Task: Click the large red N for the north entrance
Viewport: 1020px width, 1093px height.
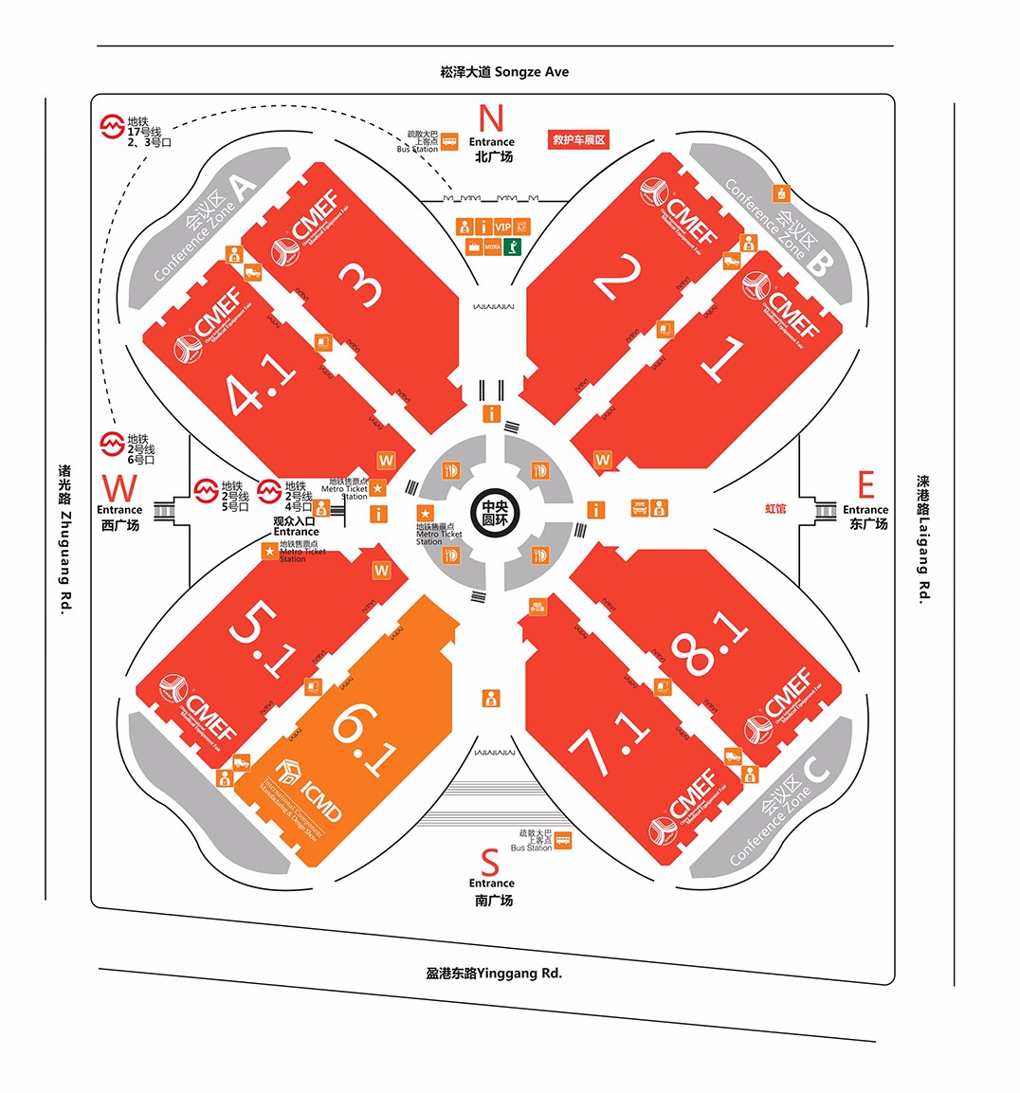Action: [x=491, y=119]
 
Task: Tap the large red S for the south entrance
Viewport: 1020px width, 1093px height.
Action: [x=490, y=863]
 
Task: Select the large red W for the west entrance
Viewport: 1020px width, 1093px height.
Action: [x=119, y=489]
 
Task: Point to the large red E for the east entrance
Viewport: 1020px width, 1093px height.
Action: [x=865, y=485]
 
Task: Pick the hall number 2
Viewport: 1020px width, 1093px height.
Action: [x=618, y=276]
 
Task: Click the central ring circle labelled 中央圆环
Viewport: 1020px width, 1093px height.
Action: [x=495, y=513]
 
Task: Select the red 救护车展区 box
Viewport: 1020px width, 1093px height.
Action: [x=578, y=139]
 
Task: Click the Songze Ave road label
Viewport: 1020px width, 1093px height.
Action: [x=505, y=72]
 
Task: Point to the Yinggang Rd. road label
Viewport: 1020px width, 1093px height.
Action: [x=494, y=973]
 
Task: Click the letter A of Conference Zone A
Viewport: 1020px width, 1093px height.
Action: [x=243, y=188]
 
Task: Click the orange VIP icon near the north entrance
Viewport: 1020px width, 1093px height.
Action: [x=502, y=228]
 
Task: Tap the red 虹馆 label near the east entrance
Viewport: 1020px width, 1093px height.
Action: [x=775, y=509]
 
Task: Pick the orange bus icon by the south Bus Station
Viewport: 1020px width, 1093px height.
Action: [x=563, y=840]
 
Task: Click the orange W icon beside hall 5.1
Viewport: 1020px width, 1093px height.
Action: [x=381, y=571]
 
